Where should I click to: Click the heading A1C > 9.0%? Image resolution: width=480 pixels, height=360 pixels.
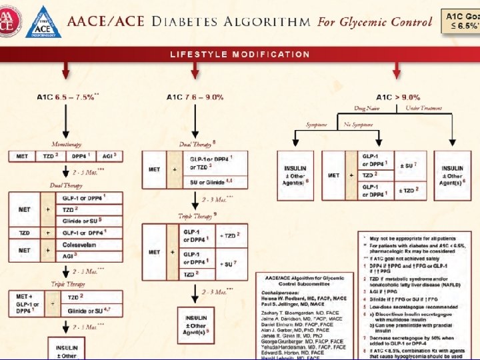(x=397, y=97)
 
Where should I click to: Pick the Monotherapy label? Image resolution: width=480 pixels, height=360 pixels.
(x=67, y=144)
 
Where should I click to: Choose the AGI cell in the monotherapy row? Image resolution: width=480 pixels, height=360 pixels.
(x=109, y=156)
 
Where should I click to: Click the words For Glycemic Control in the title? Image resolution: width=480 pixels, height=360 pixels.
(x=375, y=21)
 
